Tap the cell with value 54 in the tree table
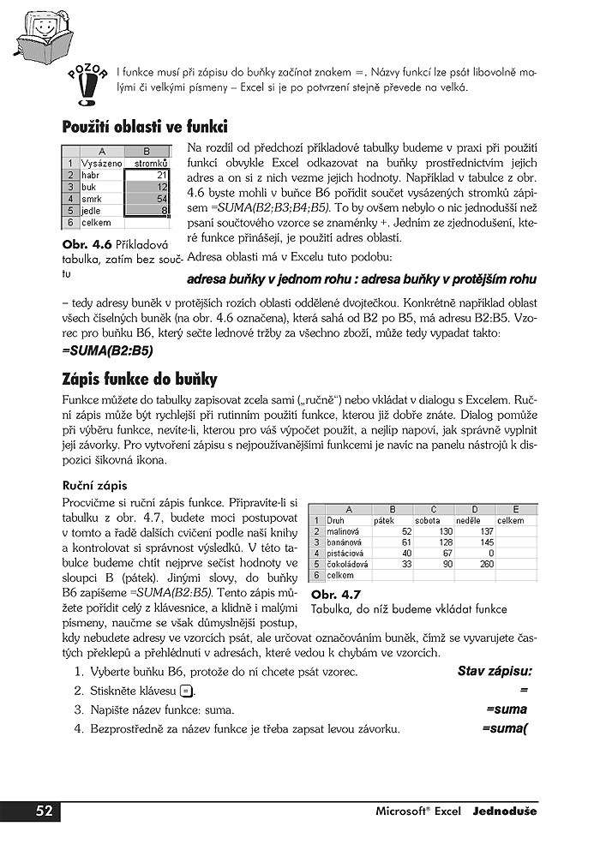coord(148,198)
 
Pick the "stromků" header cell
coord(148,162)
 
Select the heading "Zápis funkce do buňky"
coord(140,379)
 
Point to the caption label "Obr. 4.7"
coord(336,594)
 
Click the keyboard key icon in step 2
coord(186,691)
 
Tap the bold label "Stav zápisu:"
coord(495,672)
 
